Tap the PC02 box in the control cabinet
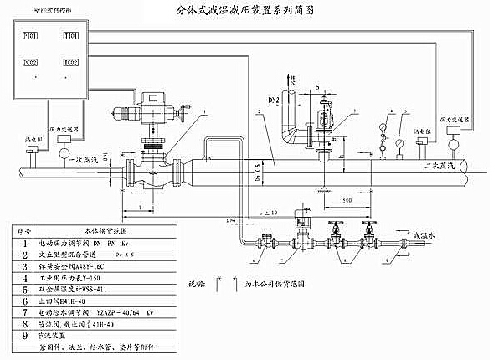pos(30,63)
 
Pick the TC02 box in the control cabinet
pos(70,63)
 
